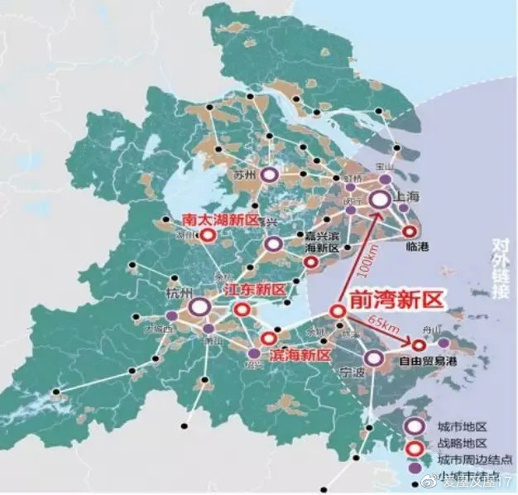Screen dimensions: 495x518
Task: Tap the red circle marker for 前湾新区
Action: [338, 311]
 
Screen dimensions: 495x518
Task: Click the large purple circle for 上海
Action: [380, 199]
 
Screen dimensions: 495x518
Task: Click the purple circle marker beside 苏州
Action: [268, 175]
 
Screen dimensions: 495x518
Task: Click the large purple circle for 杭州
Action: [199, 308]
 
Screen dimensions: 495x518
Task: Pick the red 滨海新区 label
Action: [300, 354]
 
